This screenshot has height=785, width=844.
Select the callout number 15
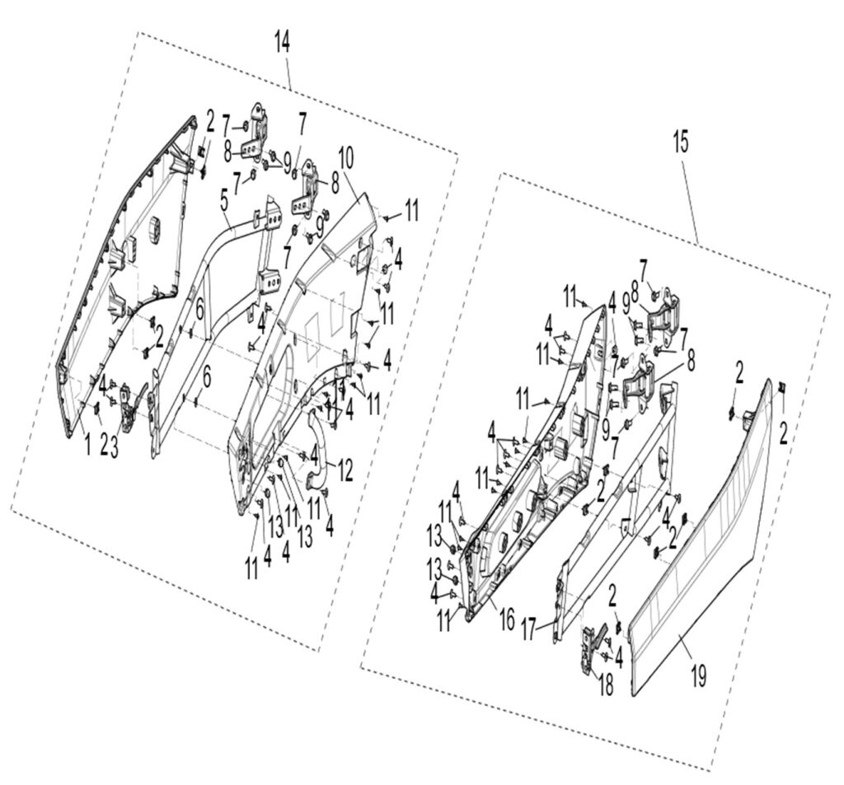click(680, 143)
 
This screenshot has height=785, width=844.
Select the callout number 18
click(606, 684)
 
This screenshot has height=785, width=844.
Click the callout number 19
click(698, 677)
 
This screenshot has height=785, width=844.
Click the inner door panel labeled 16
click(536, 461)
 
